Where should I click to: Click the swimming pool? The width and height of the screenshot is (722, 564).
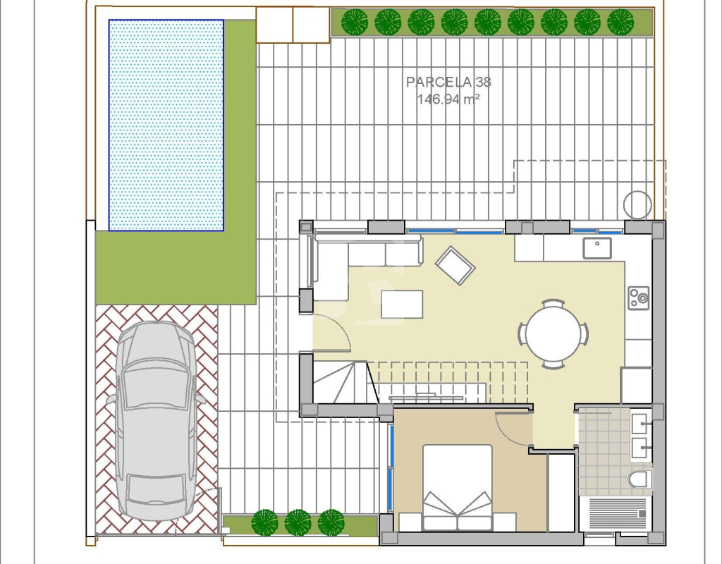click(166, 125)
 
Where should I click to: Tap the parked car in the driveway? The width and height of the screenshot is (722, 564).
click(157, 421)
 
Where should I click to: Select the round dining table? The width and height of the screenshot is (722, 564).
click(553, 333)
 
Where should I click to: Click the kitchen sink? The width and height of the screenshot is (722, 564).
click(597, 247)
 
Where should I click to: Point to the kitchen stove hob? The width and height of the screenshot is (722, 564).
click(639, 298)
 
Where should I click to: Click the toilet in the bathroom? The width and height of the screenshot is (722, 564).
click(640, 479)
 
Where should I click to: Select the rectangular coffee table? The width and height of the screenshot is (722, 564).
click(401, 305)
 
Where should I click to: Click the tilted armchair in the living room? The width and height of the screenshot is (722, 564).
click(455, 266)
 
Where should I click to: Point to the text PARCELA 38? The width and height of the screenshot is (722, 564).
click(448, 82)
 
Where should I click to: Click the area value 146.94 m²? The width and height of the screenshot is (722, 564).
click(448, 99)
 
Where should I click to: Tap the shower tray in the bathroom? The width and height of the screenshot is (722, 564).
click(616, 513)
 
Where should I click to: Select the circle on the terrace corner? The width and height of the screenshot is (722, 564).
click(637, 204)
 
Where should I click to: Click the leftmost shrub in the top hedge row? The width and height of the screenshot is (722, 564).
click(355, 22)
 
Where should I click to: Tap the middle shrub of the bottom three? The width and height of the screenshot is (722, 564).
click(298, 522)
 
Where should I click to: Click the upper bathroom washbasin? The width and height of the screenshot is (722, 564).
click(640, 424)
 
